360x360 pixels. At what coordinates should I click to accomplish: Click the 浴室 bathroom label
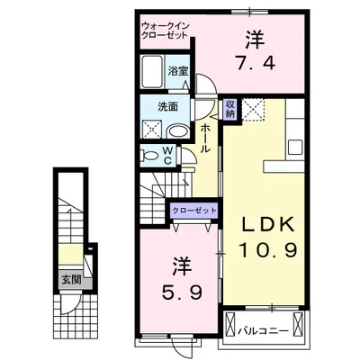tap(176, 67)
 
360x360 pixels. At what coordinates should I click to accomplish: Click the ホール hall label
tap(206, 139)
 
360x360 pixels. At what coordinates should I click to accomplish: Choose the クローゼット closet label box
tap(194, 210)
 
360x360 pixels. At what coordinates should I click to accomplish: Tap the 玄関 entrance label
tap(71, 278)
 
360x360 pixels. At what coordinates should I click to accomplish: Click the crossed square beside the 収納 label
tap(254, 112)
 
